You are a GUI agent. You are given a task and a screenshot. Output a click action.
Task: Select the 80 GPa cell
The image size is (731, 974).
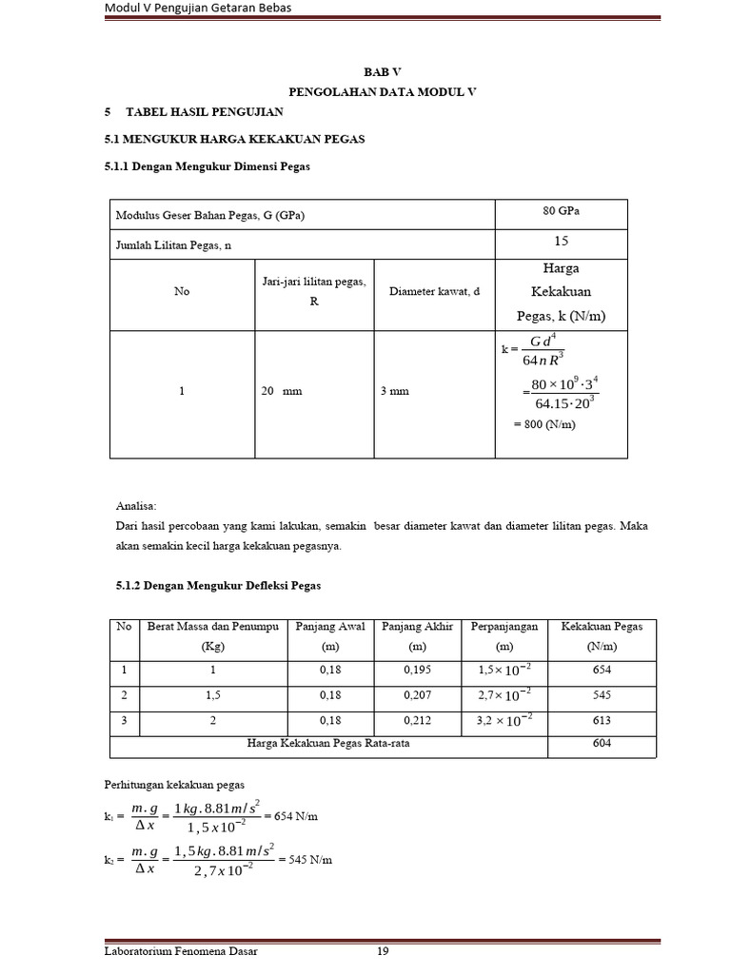point(561,211)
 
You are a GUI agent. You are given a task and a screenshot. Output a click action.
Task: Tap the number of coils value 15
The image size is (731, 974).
point(561,243)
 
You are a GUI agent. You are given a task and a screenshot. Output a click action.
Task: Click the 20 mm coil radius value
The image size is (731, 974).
point(281,391)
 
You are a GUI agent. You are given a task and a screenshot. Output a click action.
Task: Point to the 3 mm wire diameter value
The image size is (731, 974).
point(394,391)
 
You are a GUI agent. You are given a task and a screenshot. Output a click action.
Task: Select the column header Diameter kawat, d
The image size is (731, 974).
point(435,292)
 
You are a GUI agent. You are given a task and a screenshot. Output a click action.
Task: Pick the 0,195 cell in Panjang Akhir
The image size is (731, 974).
point(417,670)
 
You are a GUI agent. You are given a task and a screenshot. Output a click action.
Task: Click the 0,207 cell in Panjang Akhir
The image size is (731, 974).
point(417,695)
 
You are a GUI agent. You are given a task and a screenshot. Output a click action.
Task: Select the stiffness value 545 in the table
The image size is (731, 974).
point(602,695)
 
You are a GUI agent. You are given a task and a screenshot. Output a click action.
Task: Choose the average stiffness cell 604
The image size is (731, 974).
point(602,745)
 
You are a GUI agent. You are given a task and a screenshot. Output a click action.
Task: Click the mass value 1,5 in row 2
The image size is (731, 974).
point(212,695)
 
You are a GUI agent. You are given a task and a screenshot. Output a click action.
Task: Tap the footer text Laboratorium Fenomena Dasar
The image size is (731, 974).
point(181,951)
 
